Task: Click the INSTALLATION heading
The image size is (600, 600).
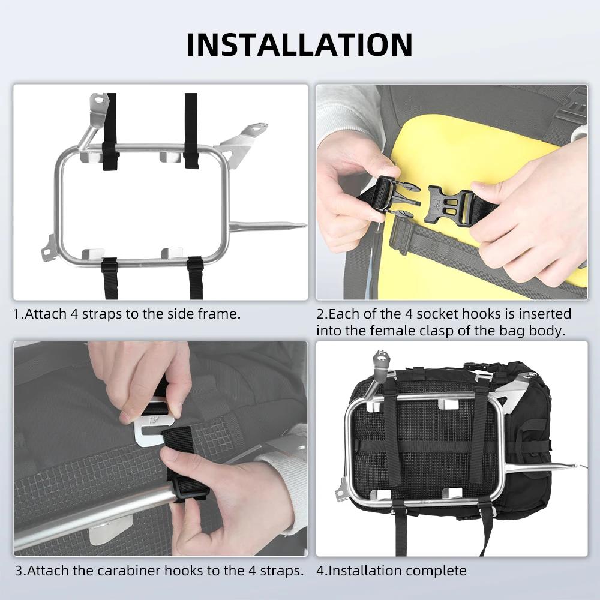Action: (x=299, y=45)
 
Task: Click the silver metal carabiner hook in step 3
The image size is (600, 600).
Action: (x=152, y=428)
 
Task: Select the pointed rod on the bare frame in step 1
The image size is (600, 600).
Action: (x=268, y=227)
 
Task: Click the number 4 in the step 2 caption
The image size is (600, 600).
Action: (x=408, y=314)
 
